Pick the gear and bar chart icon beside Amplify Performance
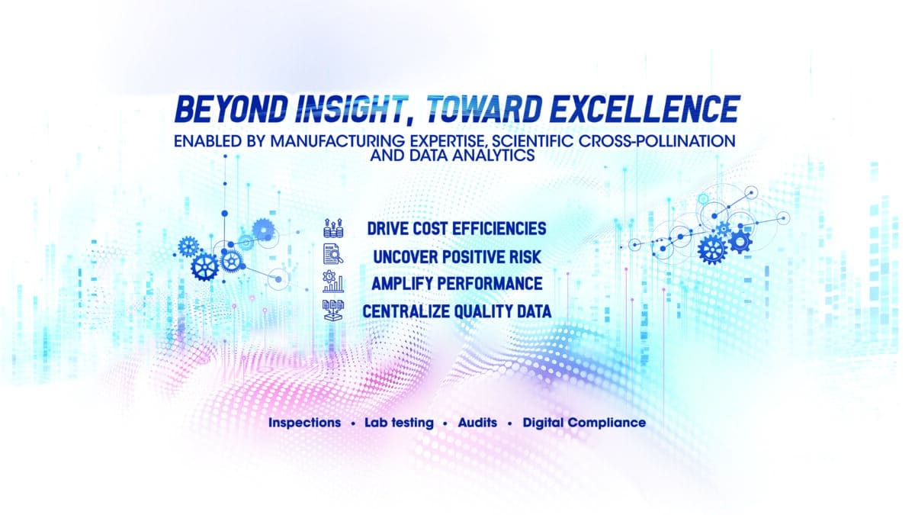334,283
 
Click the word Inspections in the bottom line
304,422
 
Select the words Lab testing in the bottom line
399,422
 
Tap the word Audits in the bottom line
477,422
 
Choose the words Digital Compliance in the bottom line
584,422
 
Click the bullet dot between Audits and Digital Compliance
509,423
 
